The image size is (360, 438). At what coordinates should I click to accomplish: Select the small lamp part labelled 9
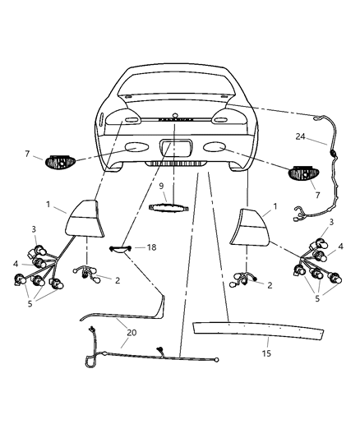(x=171, y=207)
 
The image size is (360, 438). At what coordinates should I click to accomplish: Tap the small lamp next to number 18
(x=121, y=247)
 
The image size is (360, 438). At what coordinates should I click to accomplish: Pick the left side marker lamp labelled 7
(x=60, y=161)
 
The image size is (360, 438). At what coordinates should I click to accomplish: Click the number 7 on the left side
(x=27, y=154)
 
